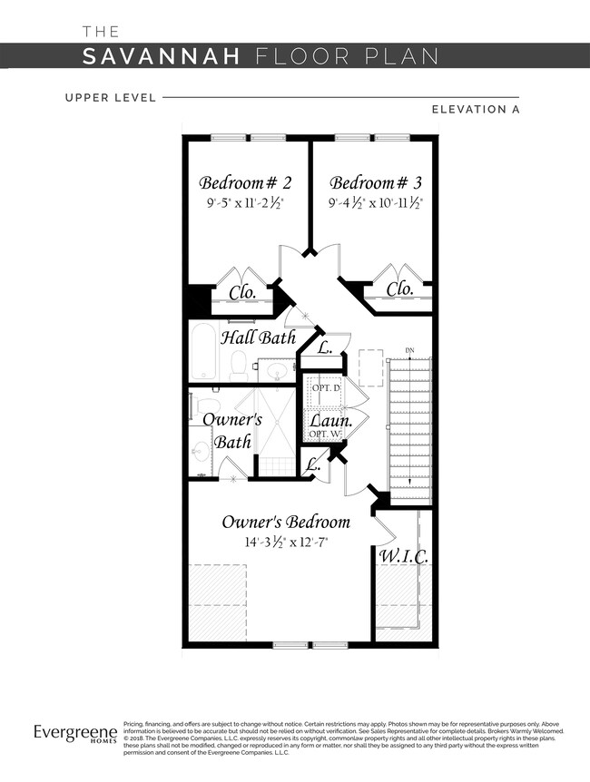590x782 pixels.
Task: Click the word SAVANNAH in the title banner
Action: point(162,56)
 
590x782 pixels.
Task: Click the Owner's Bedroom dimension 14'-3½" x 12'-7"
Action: point(285,543)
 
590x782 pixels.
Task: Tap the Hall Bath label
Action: point(265,337)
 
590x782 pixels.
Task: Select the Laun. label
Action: point(330,421)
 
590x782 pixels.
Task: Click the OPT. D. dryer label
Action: point(326,387)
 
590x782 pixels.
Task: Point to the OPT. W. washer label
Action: point(324,435)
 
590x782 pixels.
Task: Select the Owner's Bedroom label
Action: point(286,522)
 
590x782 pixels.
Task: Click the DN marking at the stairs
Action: point(409,350)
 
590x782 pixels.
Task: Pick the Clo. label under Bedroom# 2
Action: point(242,292)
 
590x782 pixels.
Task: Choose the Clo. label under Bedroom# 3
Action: point(399,288)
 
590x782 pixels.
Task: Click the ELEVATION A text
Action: point(480,110)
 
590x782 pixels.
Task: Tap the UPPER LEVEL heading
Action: point(110,96)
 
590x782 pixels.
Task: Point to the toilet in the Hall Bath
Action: point(239,365)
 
